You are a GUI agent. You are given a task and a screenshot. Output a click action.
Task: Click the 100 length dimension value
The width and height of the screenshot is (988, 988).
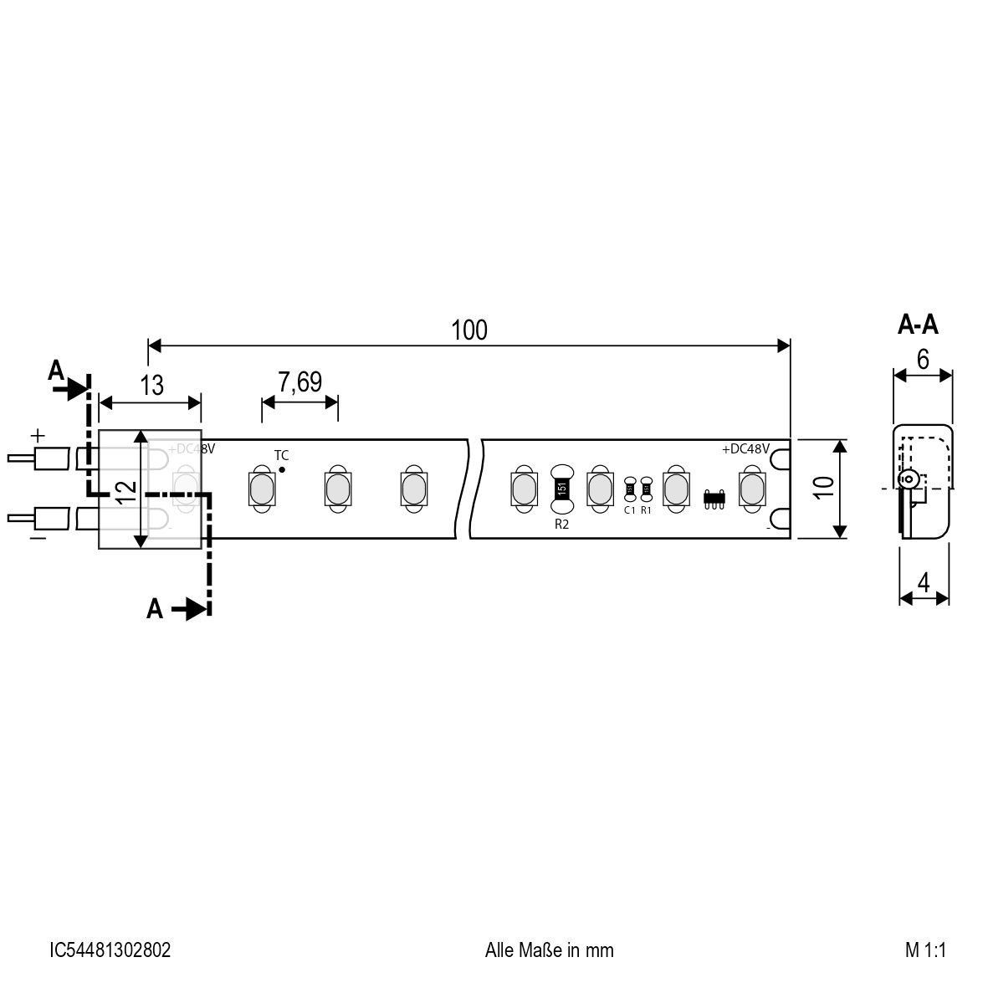point(468,330)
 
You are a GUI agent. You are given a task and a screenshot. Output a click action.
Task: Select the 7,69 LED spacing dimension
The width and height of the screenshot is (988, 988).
point(299,382)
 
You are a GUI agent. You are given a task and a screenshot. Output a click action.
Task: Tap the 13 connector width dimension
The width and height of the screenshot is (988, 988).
point(151,386)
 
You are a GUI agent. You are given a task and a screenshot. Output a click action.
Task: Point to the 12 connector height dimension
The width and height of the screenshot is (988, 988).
point(126,490)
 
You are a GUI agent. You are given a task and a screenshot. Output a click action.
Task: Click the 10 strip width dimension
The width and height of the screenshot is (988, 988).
point(823,489)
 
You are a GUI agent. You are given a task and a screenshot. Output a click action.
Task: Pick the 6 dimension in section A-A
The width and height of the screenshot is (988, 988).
point(923,359)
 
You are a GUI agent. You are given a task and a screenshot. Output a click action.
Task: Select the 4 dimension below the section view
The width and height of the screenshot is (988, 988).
point(924,583)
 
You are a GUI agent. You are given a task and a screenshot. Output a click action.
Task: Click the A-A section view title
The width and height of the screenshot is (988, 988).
point(918,325)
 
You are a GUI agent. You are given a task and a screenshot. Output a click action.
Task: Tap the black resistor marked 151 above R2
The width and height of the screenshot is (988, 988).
point(562,488)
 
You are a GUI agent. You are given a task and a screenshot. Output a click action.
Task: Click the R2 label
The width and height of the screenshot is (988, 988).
point(562,525)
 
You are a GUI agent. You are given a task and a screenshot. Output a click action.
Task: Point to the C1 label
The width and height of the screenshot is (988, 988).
point(630,509)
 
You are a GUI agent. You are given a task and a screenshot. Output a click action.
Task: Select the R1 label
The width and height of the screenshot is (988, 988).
point(646,509)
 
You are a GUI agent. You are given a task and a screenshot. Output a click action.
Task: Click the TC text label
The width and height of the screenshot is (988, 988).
point(281,455)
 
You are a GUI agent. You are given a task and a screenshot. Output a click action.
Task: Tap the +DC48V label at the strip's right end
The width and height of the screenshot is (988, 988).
point(745,449)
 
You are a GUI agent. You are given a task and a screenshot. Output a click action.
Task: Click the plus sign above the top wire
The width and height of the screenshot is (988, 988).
point(37,436)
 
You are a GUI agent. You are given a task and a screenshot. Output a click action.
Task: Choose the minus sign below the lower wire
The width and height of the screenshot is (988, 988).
point(37,539)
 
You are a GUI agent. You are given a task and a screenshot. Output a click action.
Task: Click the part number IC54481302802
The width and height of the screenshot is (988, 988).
point(110,950)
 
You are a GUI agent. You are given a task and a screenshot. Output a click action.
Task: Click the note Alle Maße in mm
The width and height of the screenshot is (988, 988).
point(549,950)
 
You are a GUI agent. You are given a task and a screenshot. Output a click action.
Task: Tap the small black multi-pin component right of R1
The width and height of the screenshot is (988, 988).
point(714,497)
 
